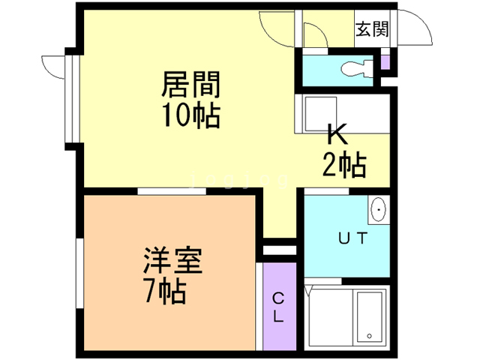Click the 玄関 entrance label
(372, 29)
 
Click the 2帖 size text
(343, 163)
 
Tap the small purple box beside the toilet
(385, 62)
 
